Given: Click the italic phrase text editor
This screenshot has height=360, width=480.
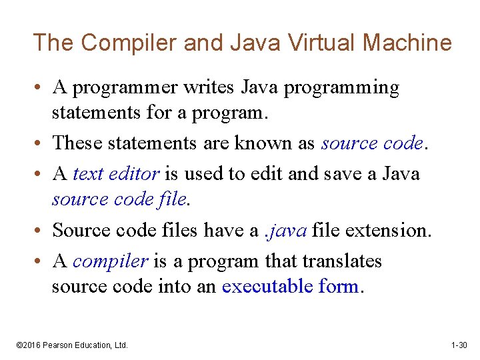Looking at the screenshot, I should click(115, 174).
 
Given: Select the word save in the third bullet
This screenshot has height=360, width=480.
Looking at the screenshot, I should click(346, 174).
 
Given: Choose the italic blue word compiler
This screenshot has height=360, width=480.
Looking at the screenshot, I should click(110, 261).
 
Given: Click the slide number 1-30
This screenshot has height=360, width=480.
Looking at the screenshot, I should click(459, 345).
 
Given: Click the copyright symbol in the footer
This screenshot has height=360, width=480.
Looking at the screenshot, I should click(19, 345).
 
